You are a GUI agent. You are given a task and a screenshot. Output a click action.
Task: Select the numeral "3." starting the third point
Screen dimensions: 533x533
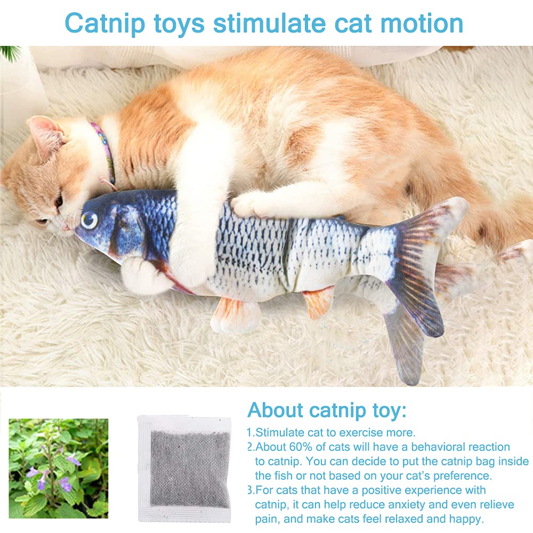point(251,490)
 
